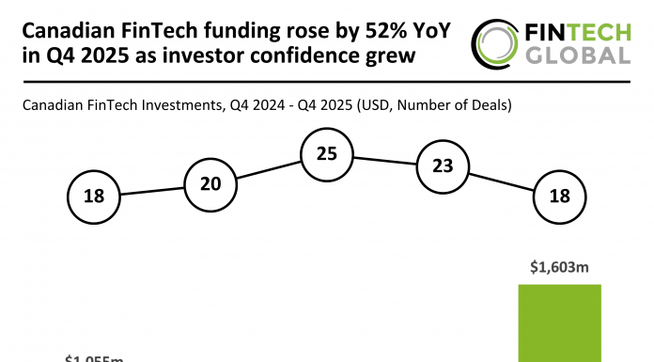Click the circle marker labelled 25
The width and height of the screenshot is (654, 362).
[x=326, y=153]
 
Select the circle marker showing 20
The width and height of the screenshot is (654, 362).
[x=210, y=183]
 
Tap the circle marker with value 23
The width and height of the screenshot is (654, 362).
[x=443, y=166]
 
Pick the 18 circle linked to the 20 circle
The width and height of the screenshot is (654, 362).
[x=94, y=197]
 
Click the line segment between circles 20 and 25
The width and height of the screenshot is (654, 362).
[x=268, y=168]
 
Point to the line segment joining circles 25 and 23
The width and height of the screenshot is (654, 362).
[x=384, y=160]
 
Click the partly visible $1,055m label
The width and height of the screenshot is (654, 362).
[x=95, y=358]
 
